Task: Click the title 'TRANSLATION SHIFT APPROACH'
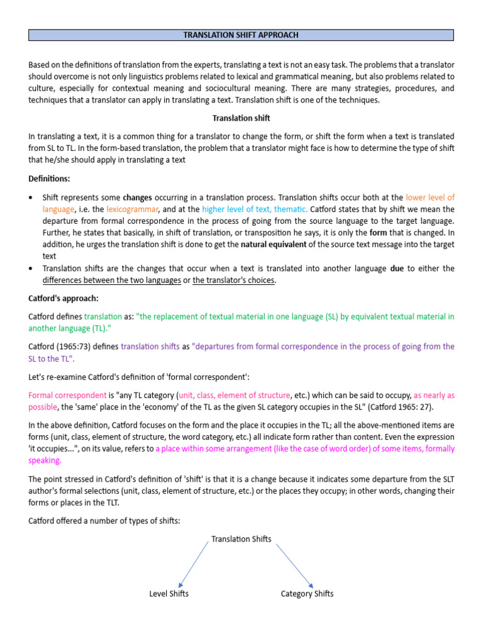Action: (x=241, y=35)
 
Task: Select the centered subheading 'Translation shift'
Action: (x=241, y=118)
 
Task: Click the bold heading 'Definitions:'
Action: (x=50, y=179)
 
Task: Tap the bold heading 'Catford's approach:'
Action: (x=60, y=298)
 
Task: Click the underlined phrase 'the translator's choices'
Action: (x=234, y=280)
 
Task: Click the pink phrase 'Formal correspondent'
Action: (x=68, y=395)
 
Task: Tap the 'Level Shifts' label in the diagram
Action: (x=169, y=594)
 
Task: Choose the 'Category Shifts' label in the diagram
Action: (x=307, y=594)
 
